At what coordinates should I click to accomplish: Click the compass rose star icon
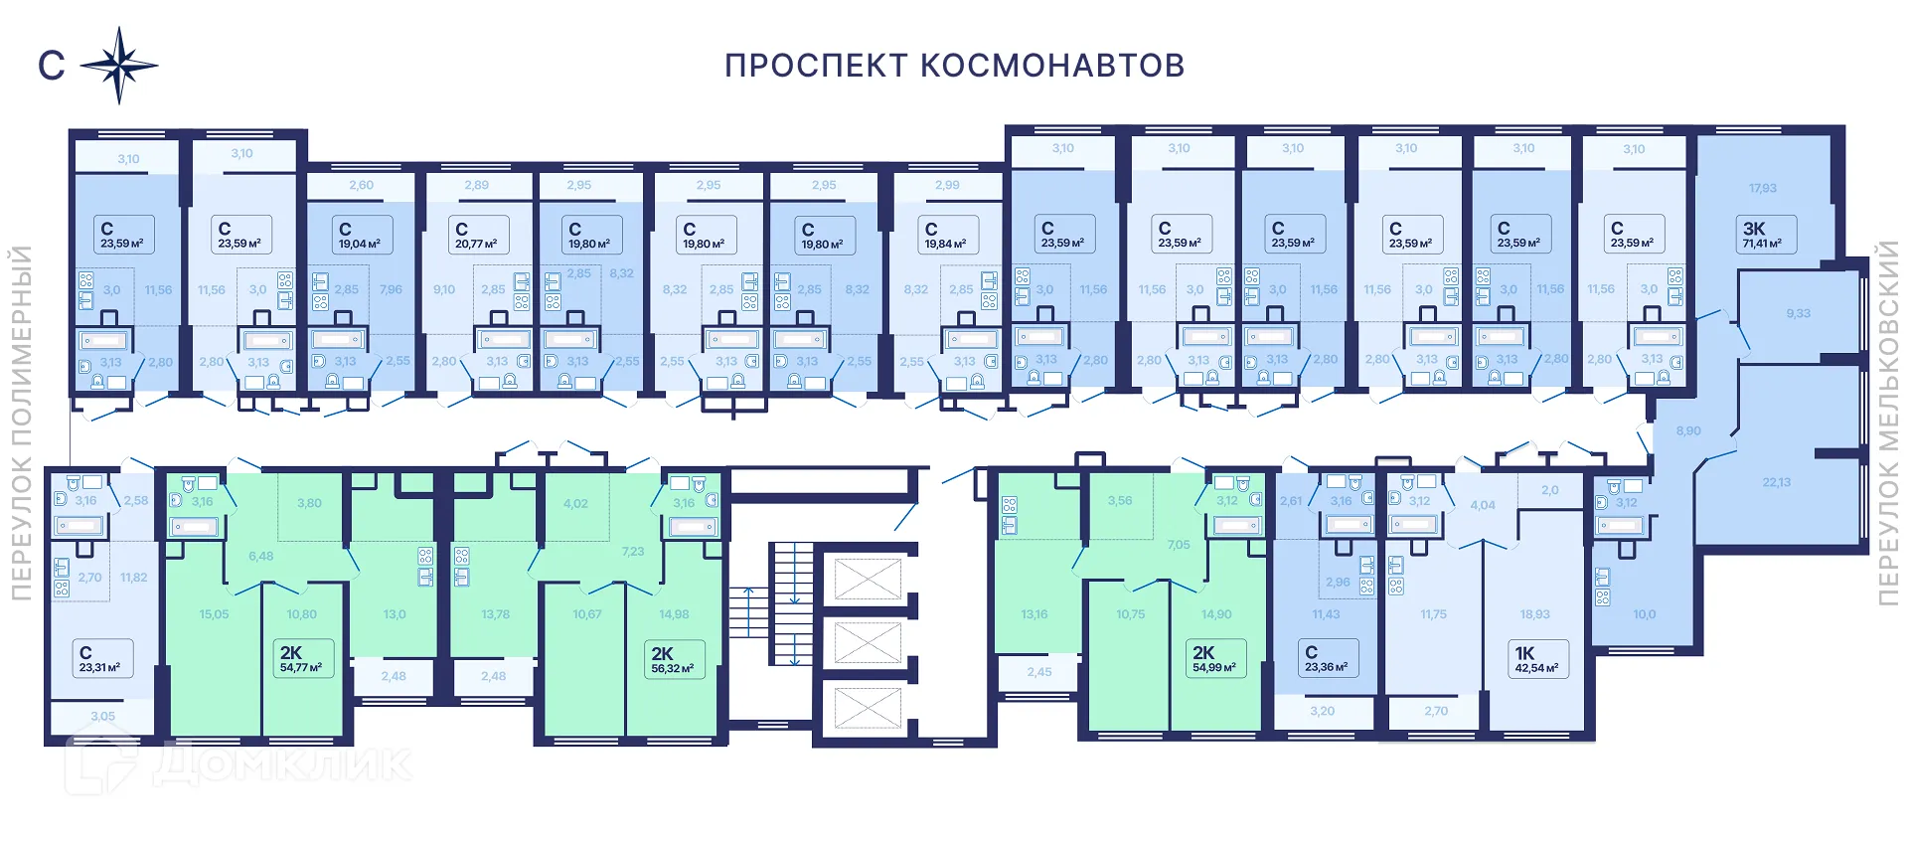click(x=119, y=67)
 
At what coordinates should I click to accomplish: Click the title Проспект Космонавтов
click(x=954, y=66)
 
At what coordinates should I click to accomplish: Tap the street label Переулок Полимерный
click(x=21, y=423)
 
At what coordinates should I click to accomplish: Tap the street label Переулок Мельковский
click(x=1888, y=423)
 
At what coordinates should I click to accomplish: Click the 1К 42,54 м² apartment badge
click(x=1536, y=660)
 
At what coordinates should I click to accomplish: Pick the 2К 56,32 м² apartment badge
click(x=673, y=660)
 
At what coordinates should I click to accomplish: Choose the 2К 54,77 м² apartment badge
click(x=301, y=659)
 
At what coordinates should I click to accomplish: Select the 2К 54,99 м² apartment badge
click(x=1214, y=659)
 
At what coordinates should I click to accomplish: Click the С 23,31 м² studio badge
click(x=100, y=659)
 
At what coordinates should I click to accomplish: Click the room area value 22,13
click(x=1776, y=482)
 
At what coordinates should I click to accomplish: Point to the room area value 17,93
click(x=1762, y=188)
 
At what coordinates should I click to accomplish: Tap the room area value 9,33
click(x=1798, y=313)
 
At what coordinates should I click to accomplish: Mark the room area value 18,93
click(x=1534, y=614)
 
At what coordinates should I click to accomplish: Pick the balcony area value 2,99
click(x=947, y=185)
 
